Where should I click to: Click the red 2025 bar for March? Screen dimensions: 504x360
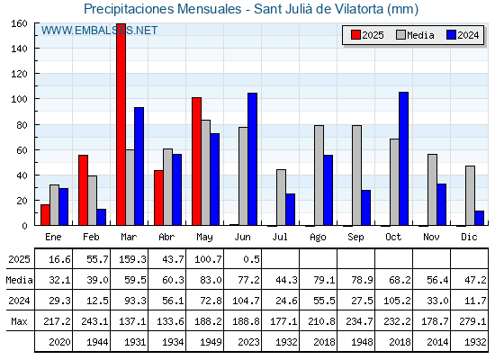[121, 124]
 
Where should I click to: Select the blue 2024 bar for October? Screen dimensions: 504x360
[404, 158]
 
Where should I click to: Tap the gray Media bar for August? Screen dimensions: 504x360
[319, 175]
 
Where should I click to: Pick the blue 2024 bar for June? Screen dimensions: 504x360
[252, 159]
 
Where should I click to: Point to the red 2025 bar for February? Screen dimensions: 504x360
[83, 190]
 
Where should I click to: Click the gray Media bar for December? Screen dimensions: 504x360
[470, 196]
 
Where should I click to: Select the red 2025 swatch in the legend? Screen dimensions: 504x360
[355, 35]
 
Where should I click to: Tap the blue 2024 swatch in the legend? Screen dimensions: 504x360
[451, 35]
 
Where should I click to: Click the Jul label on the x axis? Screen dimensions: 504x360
[280, 237]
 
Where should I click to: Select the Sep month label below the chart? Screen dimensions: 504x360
[355, 238]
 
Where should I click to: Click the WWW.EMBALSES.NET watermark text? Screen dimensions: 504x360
[99, 31]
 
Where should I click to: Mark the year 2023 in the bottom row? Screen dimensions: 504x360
[248, 342]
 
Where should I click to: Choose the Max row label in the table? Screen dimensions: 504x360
[19, 321]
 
